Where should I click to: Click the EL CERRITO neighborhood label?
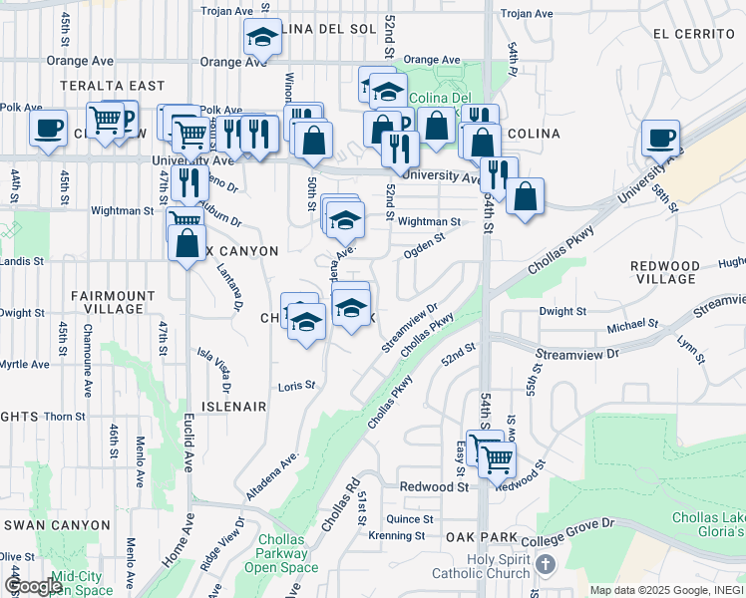(x=694, y=33)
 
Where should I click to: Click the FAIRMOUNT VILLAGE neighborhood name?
(x=114, y=303)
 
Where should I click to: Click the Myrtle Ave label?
(x=25, y=365)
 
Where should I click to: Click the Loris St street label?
(x=296, y=385)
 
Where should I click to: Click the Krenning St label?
(x=397, y=536)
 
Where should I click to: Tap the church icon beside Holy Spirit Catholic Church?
(x=544, y=565)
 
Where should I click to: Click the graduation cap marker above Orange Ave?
(x=262, y=39)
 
